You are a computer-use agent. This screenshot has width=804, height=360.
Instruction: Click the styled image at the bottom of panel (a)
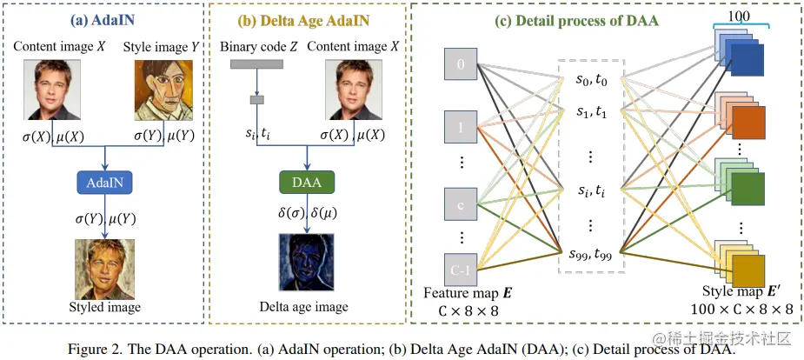coord(103,267)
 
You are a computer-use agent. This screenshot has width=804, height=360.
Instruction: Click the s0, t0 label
coord(591,79)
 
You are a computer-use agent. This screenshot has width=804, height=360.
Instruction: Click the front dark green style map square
coord(748,188)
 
